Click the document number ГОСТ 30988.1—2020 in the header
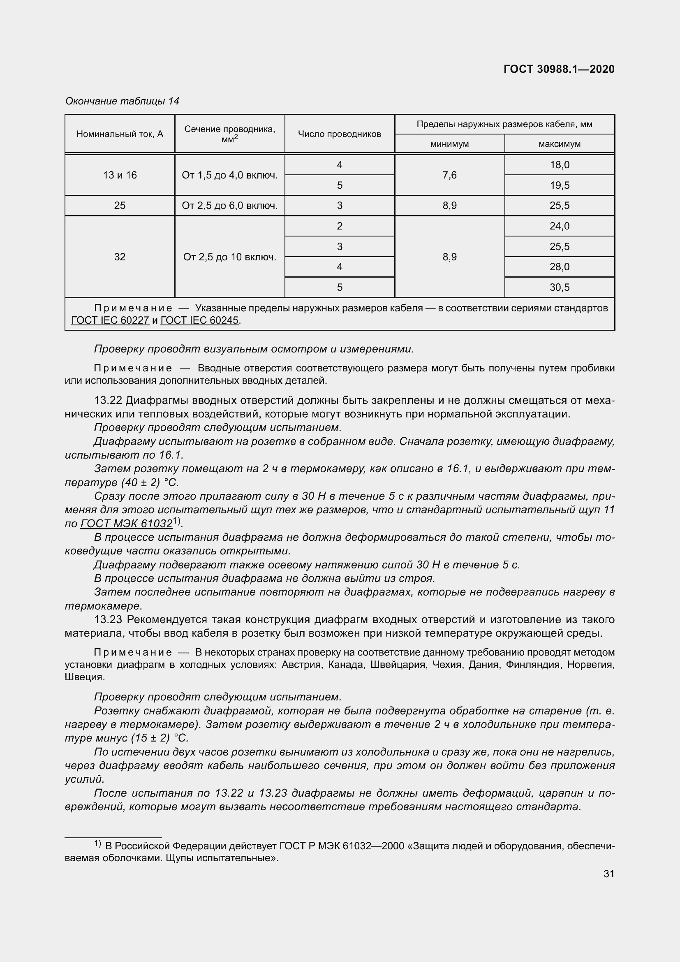click(559, 69)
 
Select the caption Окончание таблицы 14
click(122, 101)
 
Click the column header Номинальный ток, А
click(120, 134)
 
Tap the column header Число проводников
click(339, 134)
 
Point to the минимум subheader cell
click(449, 144)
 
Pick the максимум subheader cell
click(560, 144)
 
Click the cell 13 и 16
click(120, 175)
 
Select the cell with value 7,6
click(449, 175)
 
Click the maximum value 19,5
click(560, 185)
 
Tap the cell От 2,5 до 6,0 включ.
click(229, 206)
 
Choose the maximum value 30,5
click(560, 287)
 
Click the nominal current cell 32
click(120, 257)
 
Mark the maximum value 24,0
click(560, 226)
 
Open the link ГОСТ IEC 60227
click(110, 320)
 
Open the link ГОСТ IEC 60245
click(199, 320)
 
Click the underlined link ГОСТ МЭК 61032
click(127, 524)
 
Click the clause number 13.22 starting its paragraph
click(108, 401)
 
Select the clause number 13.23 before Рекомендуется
click(108, 619)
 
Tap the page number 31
click(609, 874)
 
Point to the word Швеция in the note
click(84, 677)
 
